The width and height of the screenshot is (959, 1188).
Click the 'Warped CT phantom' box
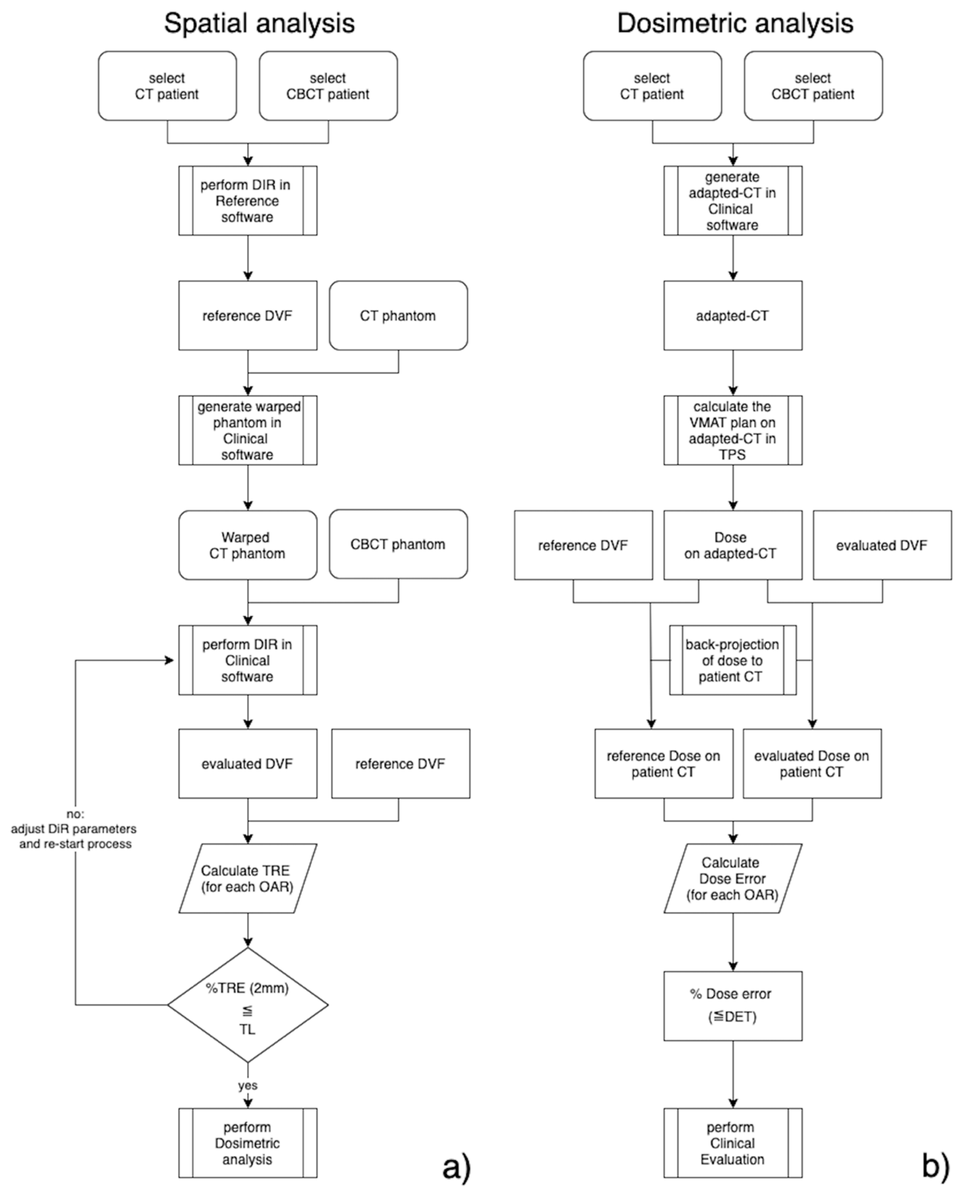click(x=247, y=545)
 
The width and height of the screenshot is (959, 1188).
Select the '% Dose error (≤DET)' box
click(x=733, y=1005)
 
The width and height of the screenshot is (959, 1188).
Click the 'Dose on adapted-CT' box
click(x=733, y=545)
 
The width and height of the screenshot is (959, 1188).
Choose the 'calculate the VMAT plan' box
click(x=733, y=430)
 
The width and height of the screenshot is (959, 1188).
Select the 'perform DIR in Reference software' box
click(x=247, y=200)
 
